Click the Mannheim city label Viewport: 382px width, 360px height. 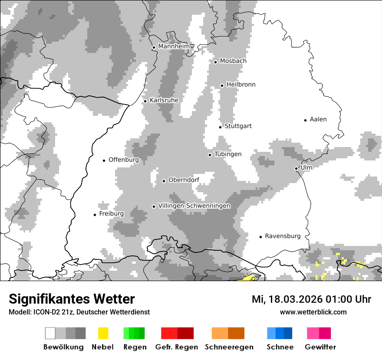click(x=174, y=46)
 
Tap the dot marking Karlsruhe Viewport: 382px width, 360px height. click(x=145, y=101)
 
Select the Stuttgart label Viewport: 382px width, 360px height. click(x=238, y=126)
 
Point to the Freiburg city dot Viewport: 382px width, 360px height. click(x=95, y=215)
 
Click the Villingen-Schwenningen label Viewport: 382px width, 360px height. click(x=194, y=206)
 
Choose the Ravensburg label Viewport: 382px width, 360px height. click(x=283, y=236)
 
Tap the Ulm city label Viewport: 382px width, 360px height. click(x=306, y=167)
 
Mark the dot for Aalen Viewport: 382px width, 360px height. click(x=306, y=120)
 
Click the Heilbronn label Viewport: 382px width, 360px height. click(x=241, y=85)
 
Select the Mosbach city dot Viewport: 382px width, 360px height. click(x=215, y=62)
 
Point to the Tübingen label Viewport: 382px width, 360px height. click(x=228, y=154)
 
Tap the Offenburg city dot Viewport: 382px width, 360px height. click(x=104, y=160)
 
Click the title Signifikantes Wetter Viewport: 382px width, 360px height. click(x=72, y=299)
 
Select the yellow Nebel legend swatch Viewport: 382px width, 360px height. click(x=103, y=333)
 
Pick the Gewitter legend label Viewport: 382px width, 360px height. click(x=320, y=347)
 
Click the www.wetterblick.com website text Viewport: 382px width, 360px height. click(x=313, y=312)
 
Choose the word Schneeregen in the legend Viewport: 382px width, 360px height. click(x=229, y=347)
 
